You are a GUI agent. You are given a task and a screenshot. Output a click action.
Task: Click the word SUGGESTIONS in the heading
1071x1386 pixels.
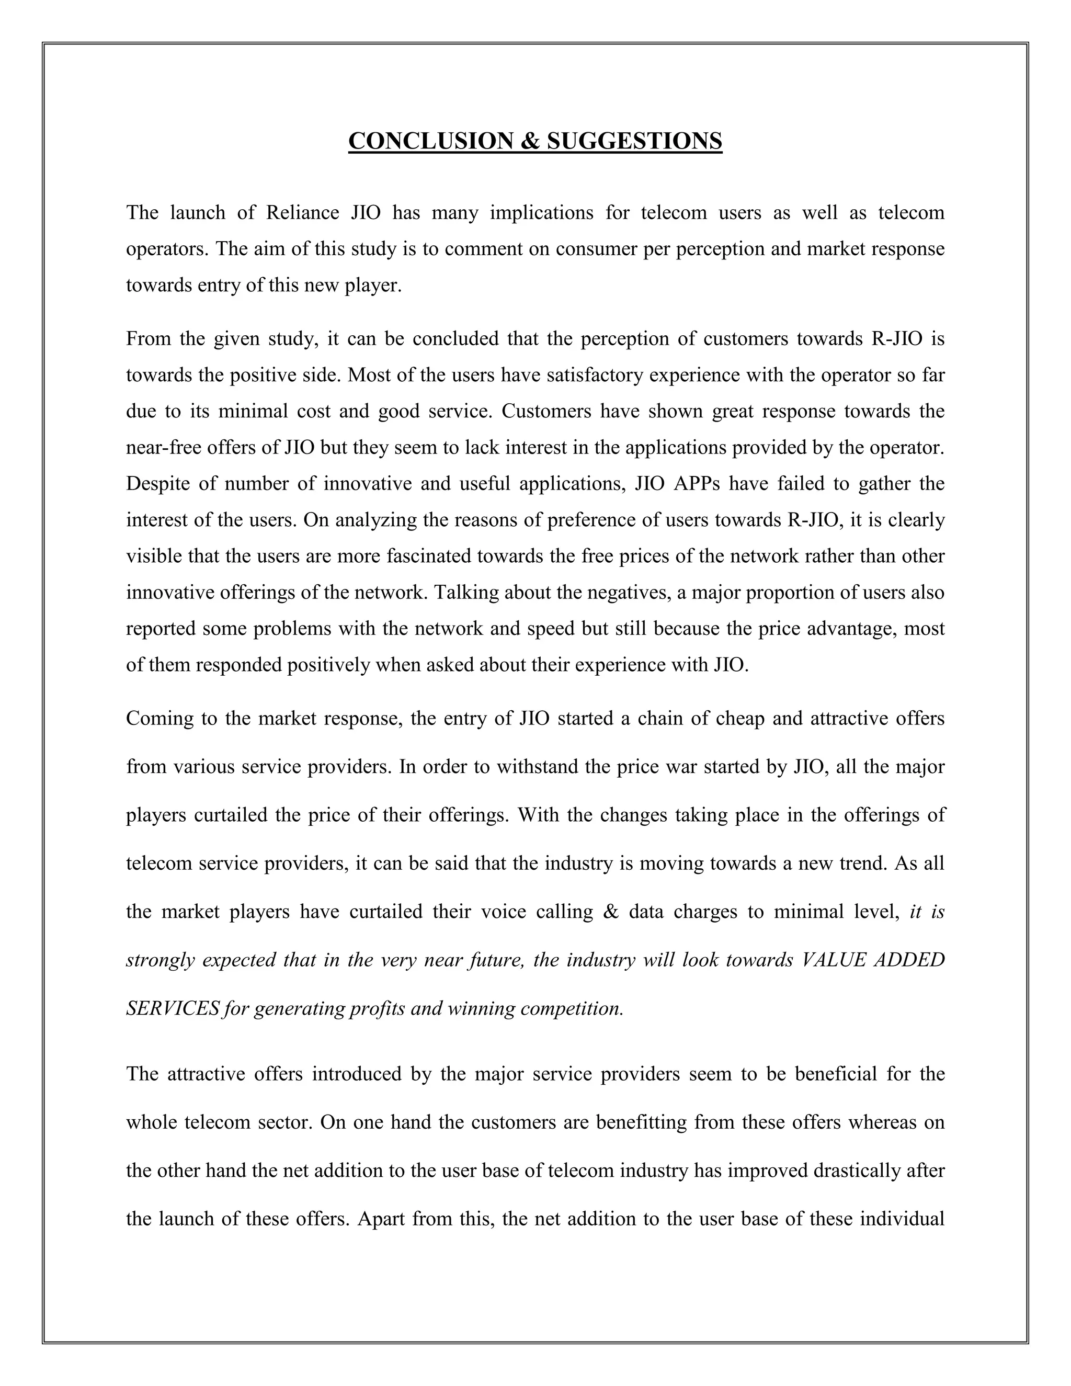[x=634, y=141]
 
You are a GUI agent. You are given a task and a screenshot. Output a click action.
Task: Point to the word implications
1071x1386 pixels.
[x=541, y=212]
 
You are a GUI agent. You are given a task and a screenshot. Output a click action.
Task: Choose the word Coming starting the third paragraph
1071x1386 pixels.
[x=158, y=719]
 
